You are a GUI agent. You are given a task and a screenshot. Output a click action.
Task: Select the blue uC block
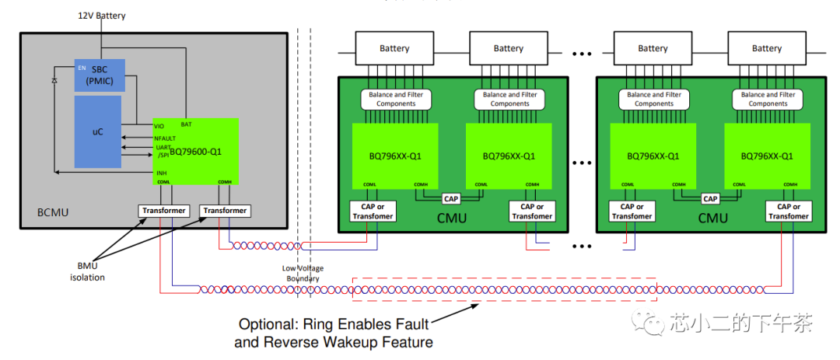98,131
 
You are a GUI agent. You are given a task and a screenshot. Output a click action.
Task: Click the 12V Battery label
101,16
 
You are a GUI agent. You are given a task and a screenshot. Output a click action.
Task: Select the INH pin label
161,173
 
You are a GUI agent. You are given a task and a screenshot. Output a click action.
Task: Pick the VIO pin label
159,125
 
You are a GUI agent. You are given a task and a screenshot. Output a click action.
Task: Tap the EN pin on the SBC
82,68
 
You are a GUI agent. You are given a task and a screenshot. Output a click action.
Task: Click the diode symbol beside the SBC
54,80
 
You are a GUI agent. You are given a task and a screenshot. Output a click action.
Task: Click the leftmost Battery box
394,48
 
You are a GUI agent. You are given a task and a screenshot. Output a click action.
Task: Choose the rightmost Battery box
766,48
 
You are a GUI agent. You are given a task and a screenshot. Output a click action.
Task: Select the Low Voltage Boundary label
303,274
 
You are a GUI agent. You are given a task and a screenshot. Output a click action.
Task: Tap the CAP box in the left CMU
450,197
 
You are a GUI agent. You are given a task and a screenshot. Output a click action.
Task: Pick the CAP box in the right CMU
709,197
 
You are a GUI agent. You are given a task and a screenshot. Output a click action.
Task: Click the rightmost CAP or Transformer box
789,211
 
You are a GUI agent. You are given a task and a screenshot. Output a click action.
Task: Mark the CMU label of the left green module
451,218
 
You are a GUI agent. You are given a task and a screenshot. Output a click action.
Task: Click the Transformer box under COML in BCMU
163,210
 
